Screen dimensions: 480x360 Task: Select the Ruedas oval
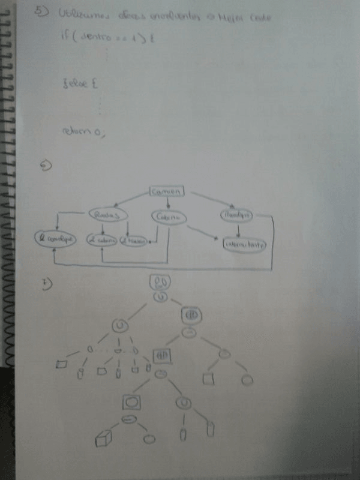click(x=109, y=215)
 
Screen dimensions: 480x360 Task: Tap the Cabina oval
click(x=167, y=218)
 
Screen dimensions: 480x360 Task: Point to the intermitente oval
click(x=245, y=245)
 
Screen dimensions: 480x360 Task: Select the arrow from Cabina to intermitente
click(x=201, y=234)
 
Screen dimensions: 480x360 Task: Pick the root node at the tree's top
click(x=160, y=282)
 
